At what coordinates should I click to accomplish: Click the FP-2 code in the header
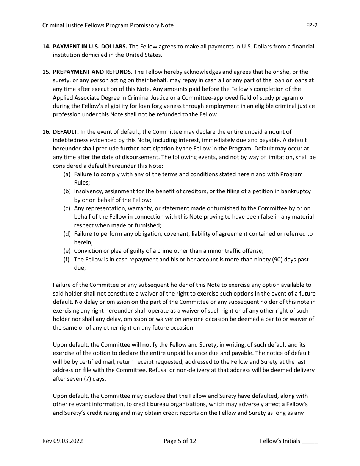pos(312,25)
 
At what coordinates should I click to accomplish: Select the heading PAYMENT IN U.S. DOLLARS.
pos(90,47)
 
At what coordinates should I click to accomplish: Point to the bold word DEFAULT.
pos(66,132)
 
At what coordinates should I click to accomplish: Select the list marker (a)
pos(67,174)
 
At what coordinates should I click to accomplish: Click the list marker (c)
pos(67,208)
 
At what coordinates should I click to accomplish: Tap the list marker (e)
pos(67,251)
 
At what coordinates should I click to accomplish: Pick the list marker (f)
pos(67,260)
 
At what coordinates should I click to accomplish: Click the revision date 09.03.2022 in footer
pos(69,441)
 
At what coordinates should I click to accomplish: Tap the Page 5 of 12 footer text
pos(180,441)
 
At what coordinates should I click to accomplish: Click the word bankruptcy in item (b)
pos(296,191)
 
